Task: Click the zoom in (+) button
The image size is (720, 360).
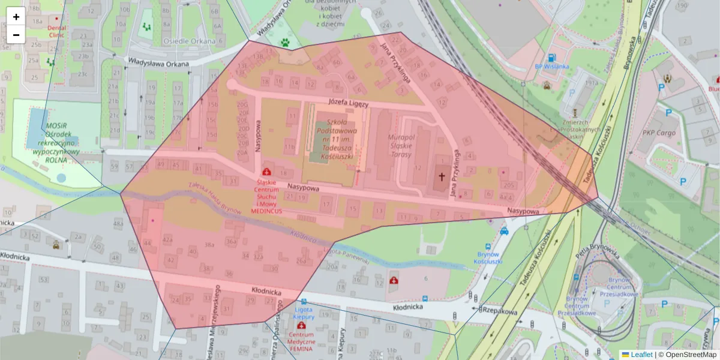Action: click(x=16, y=17)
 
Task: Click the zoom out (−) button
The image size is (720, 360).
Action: click(x=16, y=35)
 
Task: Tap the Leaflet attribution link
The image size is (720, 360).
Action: click(x=641, y=355)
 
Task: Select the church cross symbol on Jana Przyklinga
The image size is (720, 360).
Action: click(x=442, y=176)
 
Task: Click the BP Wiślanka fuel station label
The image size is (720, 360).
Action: click(x=551, y=67)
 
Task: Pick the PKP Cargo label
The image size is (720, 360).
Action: click(x=659, y=133)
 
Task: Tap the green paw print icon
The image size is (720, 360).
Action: click(x=285, y=43)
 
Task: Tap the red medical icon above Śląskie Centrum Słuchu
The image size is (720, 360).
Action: click(x=266, y=172)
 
